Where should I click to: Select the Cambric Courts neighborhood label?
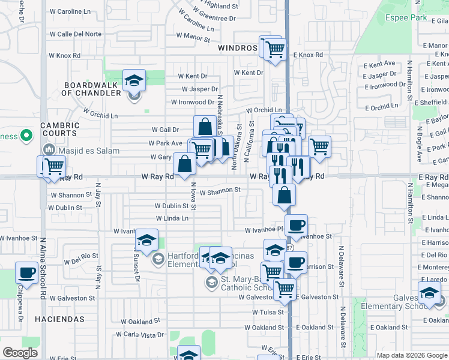(x=52, y=129)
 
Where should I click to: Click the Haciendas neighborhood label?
(x=59, y=319)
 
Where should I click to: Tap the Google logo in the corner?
(x=20, y=353)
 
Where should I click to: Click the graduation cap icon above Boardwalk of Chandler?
(x=134, y=80)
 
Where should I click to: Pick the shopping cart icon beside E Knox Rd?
(x=275, y=49)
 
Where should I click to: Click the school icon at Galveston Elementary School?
(x=429, y=293)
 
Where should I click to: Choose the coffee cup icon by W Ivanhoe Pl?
(x=296, y=226)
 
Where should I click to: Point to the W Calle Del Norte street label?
(x=76, y=34)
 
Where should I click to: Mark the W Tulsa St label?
(x=267, y=312)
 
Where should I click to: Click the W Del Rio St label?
(x=77, y=259)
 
